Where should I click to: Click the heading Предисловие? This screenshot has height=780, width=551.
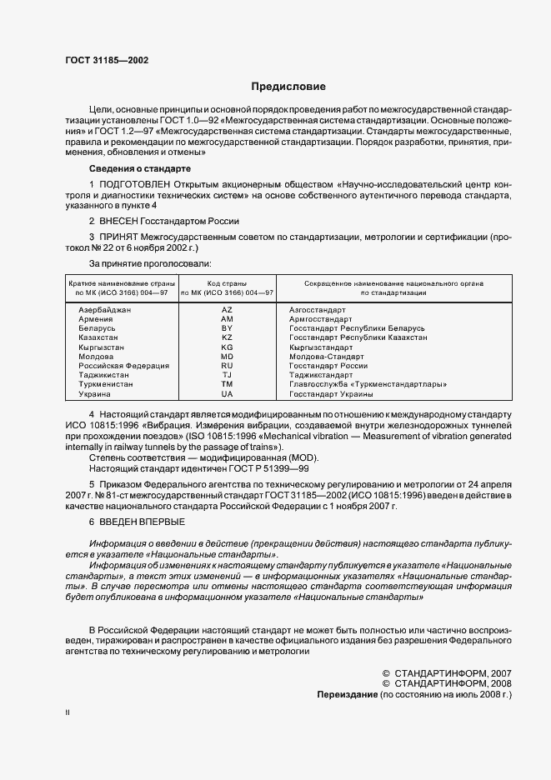288,87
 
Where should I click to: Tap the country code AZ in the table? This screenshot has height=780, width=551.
227,309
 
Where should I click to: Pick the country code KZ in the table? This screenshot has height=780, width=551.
227,337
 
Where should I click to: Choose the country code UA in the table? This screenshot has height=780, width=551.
227,393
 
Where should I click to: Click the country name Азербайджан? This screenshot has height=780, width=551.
106,309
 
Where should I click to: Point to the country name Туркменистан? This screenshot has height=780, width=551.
108,384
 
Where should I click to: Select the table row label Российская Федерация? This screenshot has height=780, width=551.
124,366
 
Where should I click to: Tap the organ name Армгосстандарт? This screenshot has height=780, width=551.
321,318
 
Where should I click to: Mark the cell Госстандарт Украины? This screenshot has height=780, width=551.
328,393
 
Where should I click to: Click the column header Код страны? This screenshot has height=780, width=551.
227,284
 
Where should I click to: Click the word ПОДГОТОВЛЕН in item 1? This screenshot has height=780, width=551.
135,183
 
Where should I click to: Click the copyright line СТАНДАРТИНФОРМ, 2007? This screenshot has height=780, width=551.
451,672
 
